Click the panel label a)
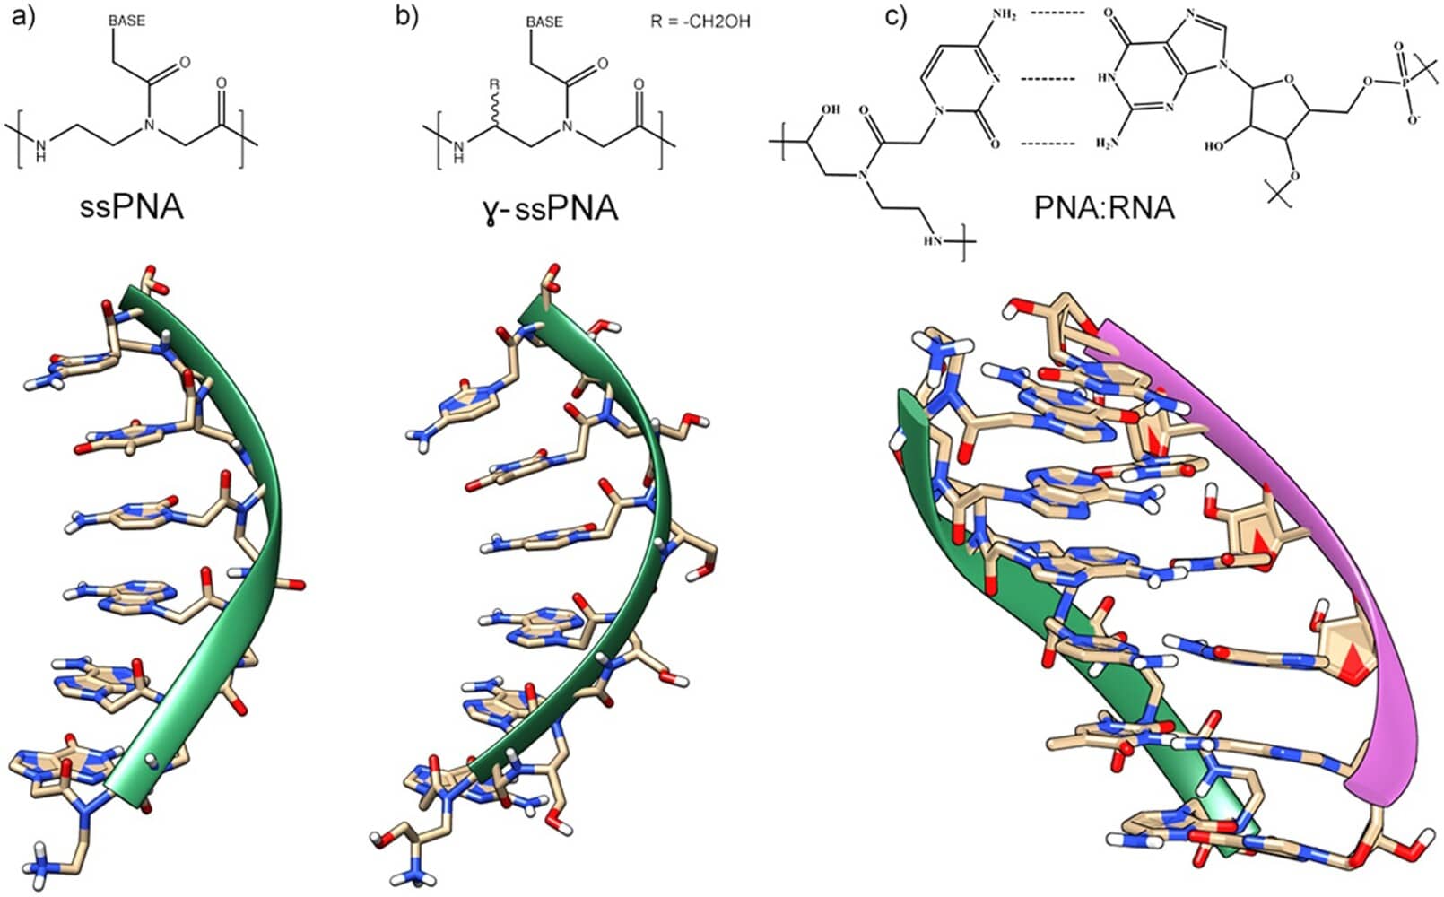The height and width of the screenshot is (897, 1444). click(x=20, y=17)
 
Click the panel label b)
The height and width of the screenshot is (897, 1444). click(x=407, y=17)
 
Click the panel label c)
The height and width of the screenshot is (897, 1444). click(x=898, y=17)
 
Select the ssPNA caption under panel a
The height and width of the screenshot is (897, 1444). click(x=131, y=207)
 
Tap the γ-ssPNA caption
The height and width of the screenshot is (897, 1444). click(x=548, y=208)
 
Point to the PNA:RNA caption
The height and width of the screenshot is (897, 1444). click(x=1104, y=208)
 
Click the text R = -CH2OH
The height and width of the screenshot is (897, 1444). click(x=700, y=22)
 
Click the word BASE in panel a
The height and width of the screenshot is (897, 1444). click(x=126, y=21)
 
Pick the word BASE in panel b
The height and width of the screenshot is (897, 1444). click(x=545, y=21)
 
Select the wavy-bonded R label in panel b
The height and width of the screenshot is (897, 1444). click(x=493, y=85)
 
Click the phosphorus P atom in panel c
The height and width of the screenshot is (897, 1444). click(x=1405, y=82)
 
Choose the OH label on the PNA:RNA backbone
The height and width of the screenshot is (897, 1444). click(x=830, y=110)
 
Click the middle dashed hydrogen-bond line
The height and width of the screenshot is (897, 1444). click(x=1048, y=79)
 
